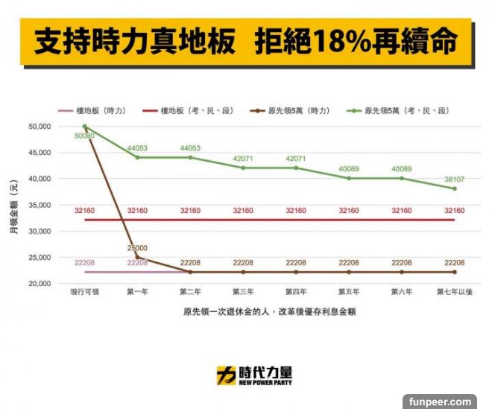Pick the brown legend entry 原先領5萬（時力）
288,111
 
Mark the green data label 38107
454,180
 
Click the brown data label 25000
137,248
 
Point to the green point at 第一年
137,157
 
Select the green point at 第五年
349,178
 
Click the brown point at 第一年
137,257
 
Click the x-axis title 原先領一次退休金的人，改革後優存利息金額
269,312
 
